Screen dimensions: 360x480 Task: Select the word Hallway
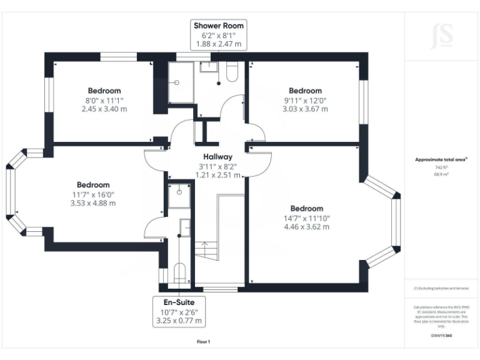coord(217,157)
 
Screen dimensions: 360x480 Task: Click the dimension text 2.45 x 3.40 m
coord(104,109)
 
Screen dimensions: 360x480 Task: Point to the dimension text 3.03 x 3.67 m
coord(305,109)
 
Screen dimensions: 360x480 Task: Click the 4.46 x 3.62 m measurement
coord(306,226)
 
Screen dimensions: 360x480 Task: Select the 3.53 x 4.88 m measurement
coord(93,202)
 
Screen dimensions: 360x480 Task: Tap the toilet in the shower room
coord(232,72)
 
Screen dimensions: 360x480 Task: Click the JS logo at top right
coord(441,36)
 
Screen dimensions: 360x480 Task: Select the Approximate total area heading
coord(441,160)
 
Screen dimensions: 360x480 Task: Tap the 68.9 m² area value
coord(441,175)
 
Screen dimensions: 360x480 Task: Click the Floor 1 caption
coord(204,342)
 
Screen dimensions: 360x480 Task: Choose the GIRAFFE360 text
coord(441,336)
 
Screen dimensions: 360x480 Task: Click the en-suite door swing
coord(153,228)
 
